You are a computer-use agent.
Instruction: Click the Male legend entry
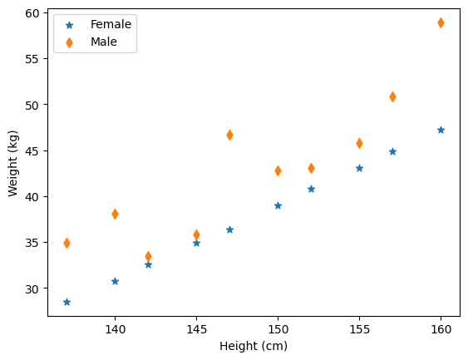104,42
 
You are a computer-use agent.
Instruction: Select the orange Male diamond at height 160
441,22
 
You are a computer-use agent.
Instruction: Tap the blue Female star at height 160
441,130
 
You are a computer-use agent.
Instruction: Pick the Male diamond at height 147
229,135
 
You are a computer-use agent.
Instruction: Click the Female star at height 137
67,302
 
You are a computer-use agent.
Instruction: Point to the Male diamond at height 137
67,243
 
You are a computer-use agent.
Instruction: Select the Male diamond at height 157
392,96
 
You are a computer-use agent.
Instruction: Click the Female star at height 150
278,205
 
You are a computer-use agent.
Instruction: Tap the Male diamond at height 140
115,214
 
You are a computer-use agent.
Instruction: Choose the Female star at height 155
359,168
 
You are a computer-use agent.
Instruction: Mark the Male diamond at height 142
148,256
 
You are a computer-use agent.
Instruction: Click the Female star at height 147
229,229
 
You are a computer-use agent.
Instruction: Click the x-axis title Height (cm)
254,346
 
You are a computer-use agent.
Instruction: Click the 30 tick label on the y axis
32,288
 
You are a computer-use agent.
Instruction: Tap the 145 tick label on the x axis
196,330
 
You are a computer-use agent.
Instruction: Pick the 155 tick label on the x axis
359,330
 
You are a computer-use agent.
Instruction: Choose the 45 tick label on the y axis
32,150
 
